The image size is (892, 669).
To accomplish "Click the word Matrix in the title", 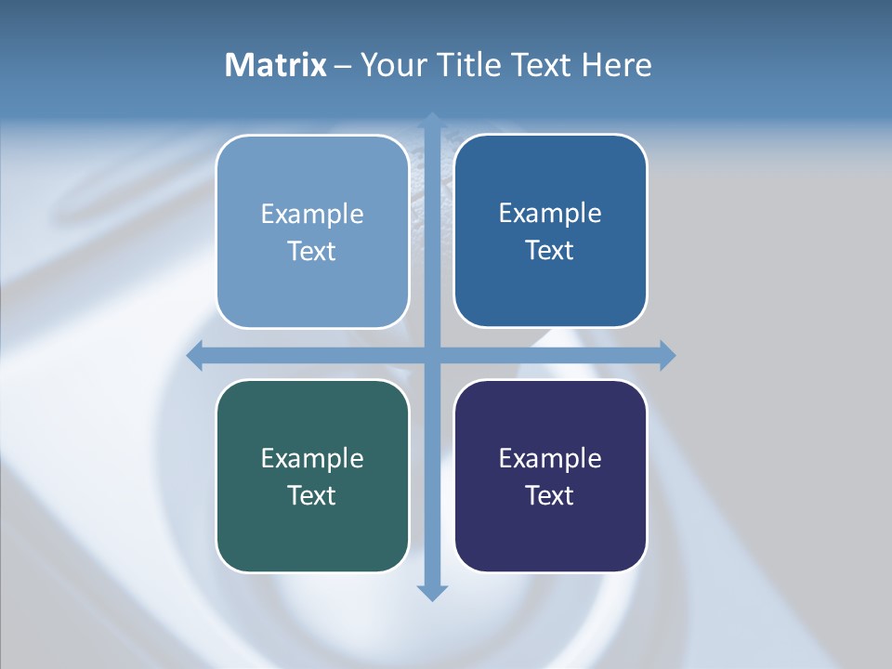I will (276, 65).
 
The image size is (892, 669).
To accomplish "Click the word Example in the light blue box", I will (312, 215).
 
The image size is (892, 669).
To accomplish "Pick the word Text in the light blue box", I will (312, 251).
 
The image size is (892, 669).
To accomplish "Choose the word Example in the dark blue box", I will (550, 214).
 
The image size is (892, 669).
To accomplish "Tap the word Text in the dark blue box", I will (550, 250).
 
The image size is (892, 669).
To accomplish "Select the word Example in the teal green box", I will (312, 459).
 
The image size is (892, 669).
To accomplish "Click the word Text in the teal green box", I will (312, 495).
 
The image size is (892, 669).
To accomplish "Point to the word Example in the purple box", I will (550, 459).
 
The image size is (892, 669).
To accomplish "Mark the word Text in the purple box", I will (550, 495).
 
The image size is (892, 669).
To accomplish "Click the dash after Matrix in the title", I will (343, 66).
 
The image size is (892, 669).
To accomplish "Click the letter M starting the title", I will (238, 65).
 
